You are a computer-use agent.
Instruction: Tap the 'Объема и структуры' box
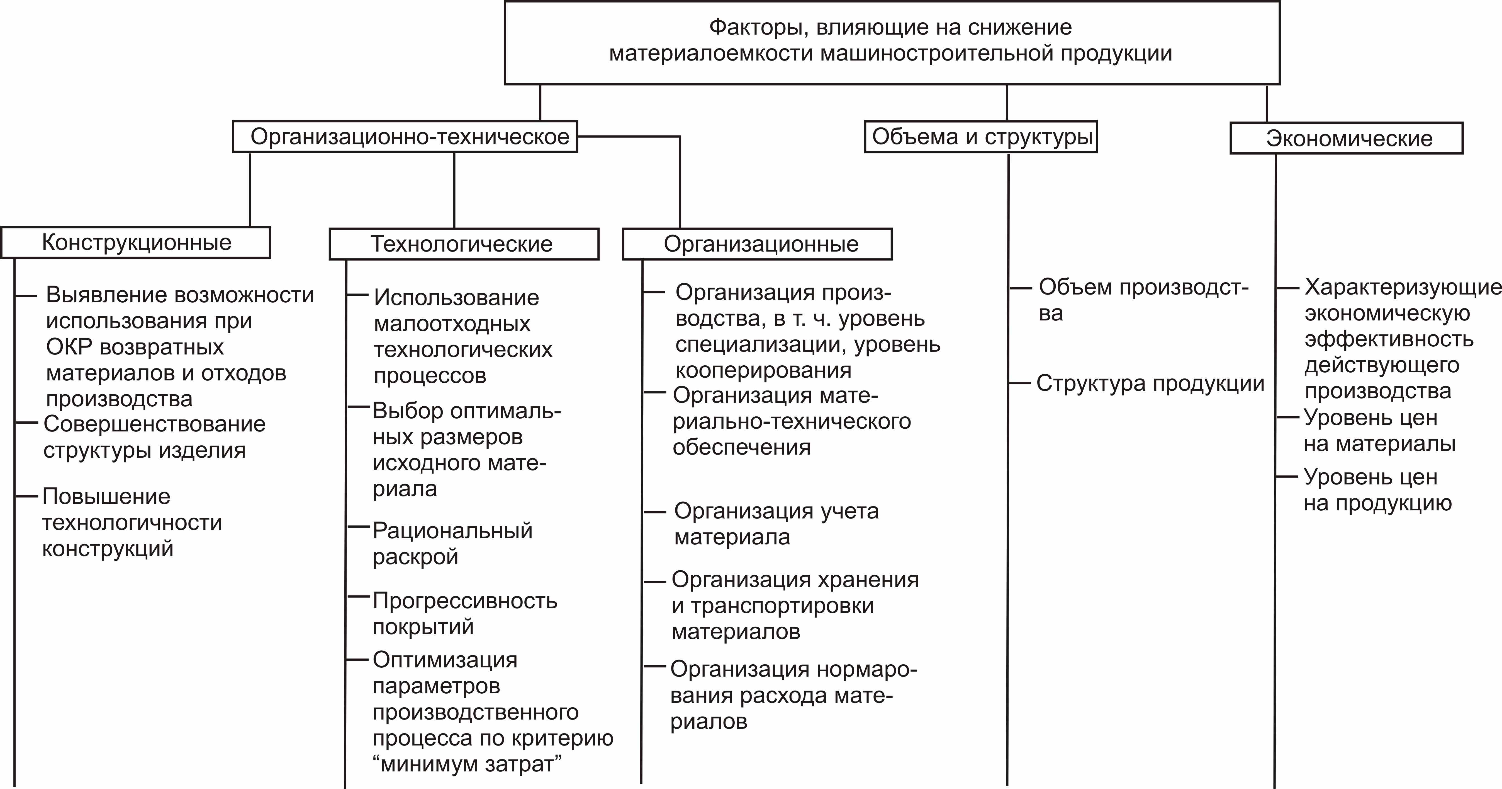tap(981, 137)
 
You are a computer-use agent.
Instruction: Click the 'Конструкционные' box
tap(136, 242)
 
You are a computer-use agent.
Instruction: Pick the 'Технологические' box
tap(464, 244)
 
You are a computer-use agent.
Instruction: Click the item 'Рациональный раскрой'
tap(452, 543)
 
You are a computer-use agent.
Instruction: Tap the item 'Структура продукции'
tap(1150, 383)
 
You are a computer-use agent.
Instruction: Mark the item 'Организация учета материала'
tap(775, 523)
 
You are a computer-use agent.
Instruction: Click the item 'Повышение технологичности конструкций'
tap(132, 522)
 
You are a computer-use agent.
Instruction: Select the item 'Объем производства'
tap(1143, 300)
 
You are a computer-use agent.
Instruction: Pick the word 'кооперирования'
tap(763, 370)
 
